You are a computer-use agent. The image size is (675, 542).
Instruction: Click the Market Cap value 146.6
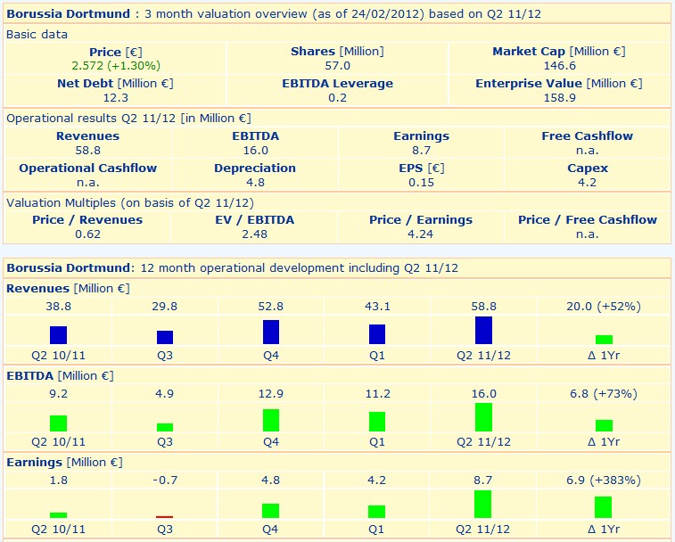(x=559, y=66)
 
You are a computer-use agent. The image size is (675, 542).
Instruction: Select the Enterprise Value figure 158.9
(x=559, y=98)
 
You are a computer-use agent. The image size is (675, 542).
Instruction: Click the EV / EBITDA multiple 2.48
(x=254, y=234)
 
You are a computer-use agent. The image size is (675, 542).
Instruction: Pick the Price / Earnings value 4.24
(x=421, y=234)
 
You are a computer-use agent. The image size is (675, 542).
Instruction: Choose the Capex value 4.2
(x=588, y=183)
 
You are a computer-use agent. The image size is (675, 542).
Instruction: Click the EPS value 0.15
(x=421, y=183)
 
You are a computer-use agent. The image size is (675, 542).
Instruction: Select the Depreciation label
(x=254, y=168)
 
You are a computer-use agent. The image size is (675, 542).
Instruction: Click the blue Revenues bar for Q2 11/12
(x=483, y=330)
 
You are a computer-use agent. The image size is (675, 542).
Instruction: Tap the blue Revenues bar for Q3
(x=165, y=337)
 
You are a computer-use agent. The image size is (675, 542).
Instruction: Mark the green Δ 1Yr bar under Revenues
(x=604, y=339)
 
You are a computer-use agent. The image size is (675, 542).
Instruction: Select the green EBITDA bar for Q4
(x=271, y=420)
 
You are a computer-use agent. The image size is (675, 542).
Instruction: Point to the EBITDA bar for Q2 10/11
(x=59, y=423)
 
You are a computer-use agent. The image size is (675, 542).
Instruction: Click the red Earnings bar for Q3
(x=165, y=516)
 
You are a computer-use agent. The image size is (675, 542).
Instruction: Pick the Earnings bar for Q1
(x=377, y=511)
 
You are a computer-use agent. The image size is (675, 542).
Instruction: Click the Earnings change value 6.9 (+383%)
(x=604, y=480)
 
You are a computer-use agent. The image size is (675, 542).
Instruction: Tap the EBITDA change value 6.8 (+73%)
(x=604, y=393)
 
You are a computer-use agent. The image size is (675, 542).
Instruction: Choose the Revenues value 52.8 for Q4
(x=271, y=306)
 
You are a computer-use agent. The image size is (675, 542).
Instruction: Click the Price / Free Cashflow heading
(x=588, y=219)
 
